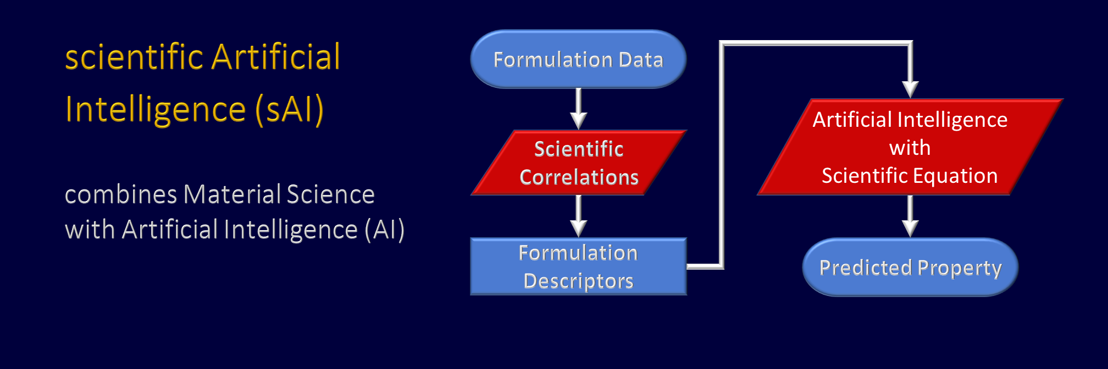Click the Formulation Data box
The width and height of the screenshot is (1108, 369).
tap(578, 59)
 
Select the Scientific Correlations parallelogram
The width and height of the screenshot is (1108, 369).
tap(579, 163)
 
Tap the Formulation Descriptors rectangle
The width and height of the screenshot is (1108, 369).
tap(578, 266)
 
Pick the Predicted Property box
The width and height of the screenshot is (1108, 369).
tap(910, 267)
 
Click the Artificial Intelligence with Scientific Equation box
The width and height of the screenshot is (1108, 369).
tap(910, 147)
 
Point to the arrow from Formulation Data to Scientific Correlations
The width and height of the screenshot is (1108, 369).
tap(578, 109)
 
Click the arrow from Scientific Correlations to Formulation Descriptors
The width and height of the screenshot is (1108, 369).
tap(578, 216)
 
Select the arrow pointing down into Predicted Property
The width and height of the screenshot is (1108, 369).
tap(910, 216)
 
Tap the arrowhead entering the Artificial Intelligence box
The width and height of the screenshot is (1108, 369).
tap(910, 90)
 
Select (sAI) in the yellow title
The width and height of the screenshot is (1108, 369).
tap(289, 109)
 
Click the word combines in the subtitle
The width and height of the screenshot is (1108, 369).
tap(121, 194)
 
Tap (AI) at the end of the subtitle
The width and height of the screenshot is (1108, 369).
tap(385, 230)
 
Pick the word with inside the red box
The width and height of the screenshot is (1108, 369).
tap(910, 148)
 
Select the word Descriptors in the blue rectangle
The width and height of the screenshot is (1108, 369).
tap(578, 281)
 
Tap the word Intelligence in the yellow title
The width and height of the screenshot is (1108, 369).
tap(156, 109)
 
